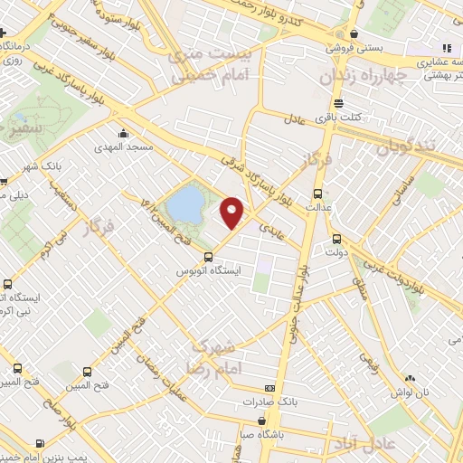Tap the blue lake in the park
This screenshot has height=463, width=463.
pyautogui.click(x=185, y=203)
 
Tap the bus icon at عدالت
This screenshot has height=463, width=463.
pyautogui.click(x=317, y=194)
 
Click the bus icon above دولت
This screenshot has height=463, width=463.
pyautogui.click(x=336, y=239)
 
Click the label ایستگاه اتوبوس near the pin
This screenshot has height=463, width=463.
pyautogui.click(x=210, y=269)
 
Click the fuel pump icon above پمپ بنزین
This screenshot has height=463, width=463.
pyautogui.click(x=39, y=443)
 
